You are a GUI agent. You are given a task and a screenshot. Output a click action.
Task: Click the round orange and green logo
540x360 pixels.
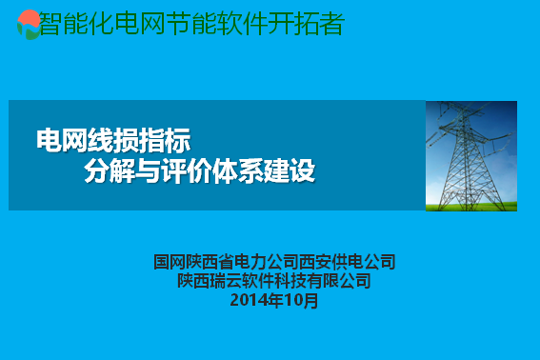pos(29,24)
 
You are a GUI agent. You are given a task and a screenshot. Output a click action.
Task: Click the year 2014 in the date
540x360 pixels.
pos(249,300)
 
